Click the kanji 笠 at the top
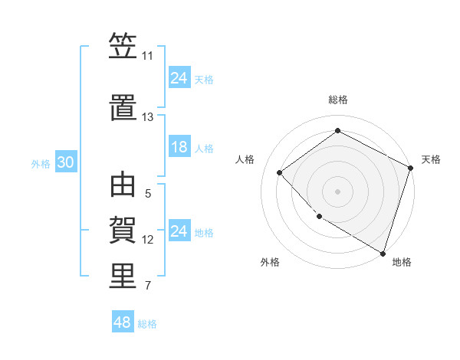(x=123, y=47)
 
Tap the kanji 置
(x=123, y=109)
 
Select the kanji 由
(x=123, y=185)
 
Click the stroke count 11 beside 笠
(x=148, y=56)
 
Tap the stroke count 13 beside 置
(x=148, y=117)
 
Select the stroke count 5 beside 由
(x=148, y=194)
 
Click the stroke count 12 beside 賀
(x=148, y=240)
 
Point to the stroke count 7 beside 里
(x=148, y=286)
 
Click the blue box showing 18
(x=179, y=147)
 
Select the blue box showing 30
(x=65, y=162)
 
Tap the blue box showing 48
(x=123, y=322)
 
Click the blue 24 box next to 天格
(x=179, y=77)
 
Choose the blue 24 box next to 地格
(x=179, y=231)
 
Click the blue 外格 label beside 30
(x=41, y=163)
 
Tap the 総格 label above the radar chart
(x=337, y=100)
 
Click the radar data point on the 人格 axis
(x=280, y=172)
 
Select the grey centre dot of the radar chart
(x=337, y=191)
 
